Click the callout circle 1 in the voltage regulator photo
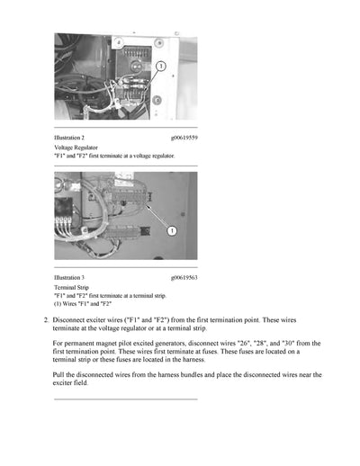tap(159, 67)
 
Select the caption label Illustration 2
tap(69, 138)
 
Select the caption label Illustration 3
tap(69, 277)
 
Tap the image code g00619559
tap(184, 138)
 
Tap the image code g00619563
tap(184, 277)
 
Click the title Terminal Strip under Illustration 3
tap(72, 287)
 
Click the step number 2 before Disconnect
tap(46, 320)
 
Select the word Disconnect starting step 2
tap(70, 320)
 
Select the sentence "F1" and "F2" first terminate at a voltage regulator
tap(114, 155)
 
